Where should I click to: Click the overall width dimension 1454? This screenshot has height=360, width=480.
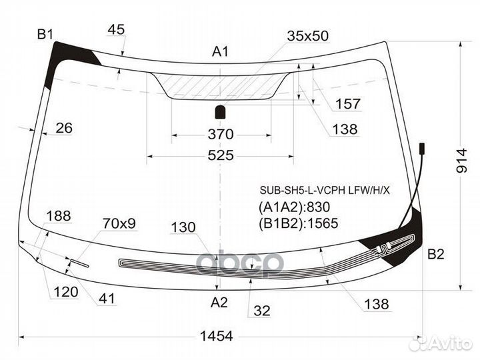216,336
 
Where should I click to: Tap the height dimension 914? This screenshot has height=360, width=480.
461,161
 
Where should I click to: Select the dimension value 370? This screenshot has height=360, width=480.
221,135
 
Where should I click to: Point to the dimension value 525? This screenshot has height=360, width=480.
221,155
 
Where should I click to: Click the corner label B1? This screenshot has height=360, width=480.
45,34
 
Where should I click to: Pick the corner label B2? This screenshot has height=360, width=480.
435,254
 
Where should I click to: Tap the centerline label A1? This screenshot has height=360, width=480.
220,51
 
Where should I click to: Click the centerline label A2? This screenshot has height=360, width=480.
219,303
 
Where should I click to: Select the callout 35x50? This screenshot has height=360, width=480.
307,36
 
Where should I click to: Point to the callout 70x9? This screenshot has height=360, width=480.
119,223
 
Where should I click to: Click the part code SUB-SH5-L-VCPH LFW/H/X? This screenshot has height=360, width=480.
325,191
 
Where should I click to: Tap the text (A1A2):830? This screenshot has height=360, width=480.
294,207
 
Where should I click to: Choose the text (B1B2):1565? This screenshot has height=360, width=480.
299,223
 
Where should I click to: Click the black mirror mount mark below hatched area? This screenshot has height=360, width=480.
221,112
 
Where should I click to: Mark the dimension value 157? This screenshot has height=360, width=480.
348,104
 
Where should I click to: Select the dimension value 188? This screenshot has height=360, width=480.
59,216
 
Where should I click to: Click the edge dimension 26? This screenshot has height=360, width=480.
64,128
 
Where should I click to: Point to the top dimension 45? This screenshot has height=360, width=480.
116,30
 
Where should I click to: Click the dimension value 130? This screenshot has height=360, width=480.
183,227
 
